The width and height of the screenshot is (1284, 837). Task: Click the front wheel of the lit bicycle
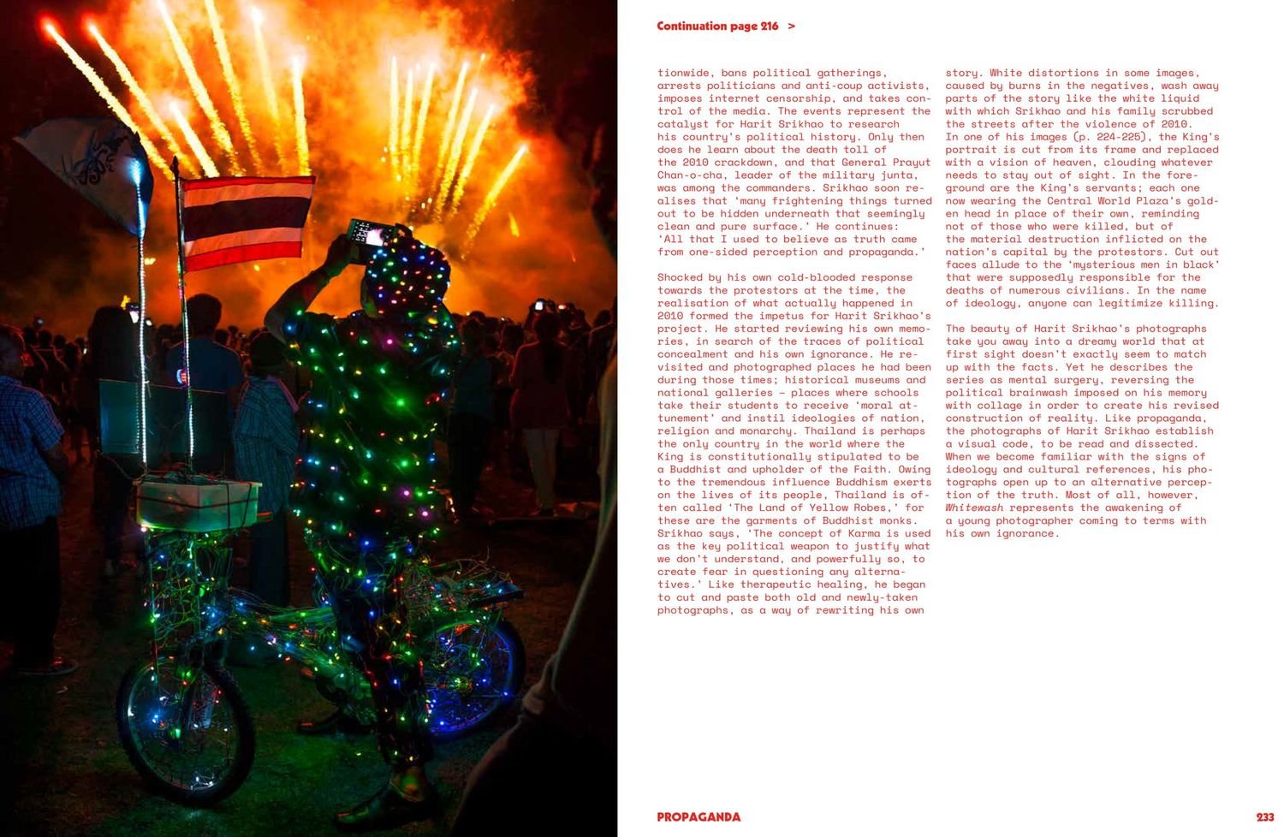[185, 727]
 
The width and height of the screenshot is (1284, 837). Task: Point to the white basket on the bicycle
[198, 504]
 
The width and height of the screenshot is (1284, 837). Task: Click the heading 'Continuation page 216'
[717, 27]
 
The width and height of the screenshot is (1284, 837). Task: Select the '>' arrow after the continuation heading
[791, 27]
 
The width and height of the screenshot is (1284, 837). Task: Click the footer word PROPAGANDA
[698, 817]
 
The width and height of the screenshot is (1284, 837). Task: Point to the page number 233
[1264, 817]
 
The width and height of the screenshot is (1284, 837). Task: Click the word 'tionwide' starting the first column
[686, 73]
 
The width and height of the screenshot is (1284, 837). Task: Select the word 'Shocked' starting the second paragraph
[680, 277]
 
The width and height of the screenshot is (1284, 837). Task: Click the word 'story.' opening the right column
[964, 73]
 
